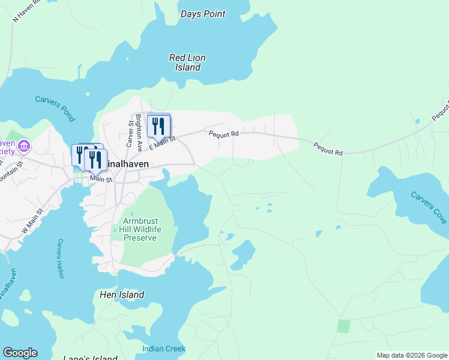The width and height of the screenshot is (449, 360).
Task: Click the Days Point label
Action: [x=203, y=14]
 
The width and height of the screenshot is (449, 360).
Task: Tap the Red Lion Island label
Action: [x=187, y=62]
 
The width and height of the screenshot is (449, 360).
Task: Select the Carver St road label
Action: [x=129, y=133]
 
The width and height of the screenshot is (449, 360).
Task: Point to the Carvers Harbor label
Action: [x=60, y=254]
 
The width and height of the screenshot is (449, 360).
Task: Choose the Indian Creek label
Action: [x=164, y=349]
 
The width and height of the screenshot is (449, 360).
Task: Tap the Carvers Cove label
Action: [x=429, y=207]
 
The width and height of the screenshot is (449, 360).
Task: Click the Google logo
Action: [x=20, y=353]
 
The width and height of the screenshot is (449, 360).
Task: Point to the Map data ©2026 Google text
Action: [x=411, y=355]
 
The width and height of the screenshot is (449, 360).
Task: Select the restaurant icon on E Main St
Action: [x=158, y=125]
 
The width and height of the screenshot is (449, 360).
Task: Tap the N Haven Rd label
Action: [x=27, y=10]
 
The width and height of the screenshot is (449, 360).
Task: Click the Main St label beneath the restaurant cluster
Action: [x=101, y=178]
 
